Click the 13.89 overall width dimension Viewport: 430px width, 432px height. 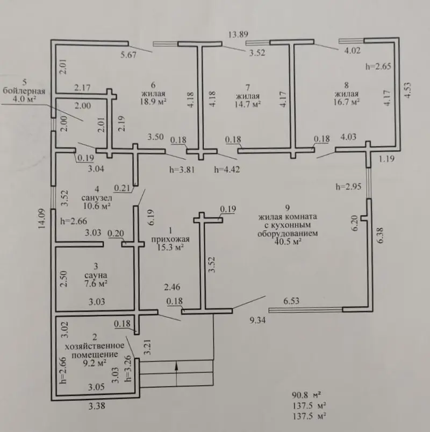pyautogui.click(x=239, y=34)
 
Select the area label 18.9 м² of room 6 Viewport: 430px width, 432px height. pyautogui.click(x=153, y=101)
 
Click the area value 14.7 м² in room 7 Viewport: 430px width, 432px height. pyautogui.click(x=248, y=104)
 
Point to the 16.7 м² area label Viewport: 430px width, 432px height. pyautogui.click(x=347, y=102)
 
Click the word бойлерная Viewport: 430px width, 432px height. pyautogui.click(x=24, y=91)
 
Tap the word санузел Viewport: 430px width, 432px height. pyautogui.click(x=96, y=197)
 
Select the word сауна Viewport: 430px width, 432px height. pyautogui.click(x=96, y=275)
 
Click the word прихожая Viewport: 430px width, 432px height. pyautogui.click(x=170, y=239)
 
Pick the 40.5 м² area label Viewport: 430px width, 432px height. pyautogui.click(x=288, y=242)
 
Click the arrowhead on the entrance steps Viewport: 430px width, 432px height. pyautogui.click(x=176, y=366)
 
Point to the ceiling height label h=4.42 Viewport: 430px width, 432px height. pyautogui.click(x=227, y=169)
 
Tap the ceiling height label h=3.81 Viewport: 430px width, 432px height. pyautogui.click(x=182, y=169)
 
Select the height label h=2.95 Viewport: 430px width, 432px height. pyautogui.click(x=348, y=187)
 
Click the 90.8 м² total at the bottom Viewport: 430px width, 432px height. pyautogui.click(x=306, y=395)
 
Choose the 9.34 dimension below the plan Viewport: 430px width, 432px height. pyautogui.click(x=257, y=320)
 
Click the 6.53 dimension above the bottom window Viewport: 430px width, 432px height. pyautogui.click(x=291, y=301)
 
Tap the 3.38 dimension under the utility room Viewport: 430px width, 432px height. pyautogui.click(x=97, y=406)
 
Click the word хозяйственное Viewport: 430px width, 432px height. pyautogui.click(x=95, y=345)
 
